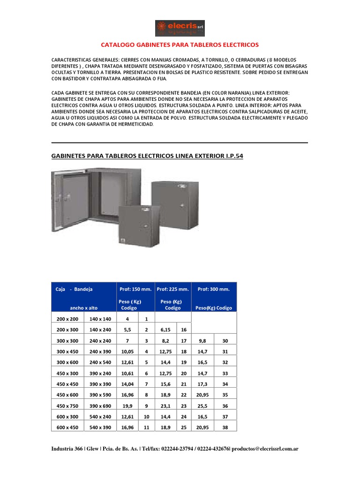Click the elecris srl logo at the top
180,28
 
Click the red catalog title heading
180,45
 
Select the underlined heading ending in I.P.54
147,155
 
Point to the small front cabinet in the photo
137,225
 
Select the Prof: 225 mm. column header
173,289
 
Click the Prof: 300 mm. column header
214,289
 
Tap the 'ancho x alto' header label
83,308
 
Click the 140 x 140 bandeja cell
100,319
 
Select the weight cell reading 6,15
165,330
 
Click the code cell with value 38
225,427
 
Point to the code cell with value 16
184,330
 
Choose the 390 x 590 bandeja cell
100,395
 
